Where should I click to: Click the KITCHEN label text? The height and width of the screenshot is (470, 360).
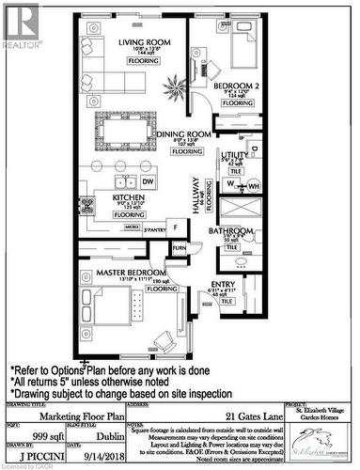click(129, 198)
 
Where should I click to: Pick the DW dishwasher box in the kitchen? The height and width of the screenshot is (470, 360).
click(149, 181)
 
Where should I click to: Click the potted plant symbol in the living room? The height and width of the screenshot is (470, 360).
click(172, 90)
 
